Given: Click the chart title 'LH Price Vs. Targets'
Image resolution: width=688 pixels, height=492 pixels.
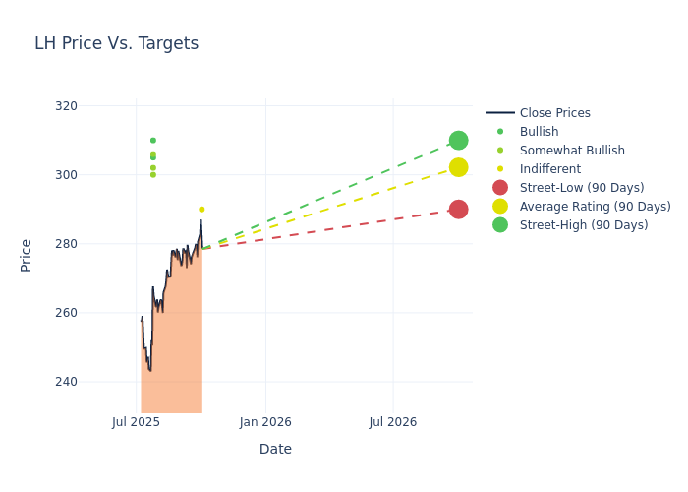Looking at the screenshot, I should coord(116,43).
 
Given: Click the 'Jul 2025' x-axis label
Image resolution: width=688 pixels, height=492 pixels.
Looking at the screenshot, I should coord(136,422).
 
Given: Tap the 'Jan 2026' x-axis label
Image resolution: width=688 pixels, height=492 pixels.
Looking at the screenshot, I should coord(264,422).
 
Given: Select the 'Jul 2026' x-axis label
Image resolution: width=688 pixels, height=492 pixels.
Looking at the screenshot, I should coord(392,422).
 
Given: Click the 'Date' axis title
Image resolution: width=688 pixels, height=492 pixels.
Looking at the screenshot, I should coord(275,449).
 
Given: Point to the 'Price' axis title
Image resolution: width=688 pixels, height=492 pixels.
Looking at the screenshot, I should coord(27,255).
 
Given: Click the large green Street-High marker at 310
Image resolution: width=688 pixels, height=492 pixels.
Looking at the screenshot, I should coord(458,141).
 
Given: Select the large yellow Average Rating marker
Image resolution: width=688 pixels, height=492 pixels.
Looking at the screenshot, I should coord(458,167).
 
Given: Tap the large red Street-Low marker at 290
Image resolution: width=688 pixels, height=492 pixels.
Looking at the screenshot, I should coord(458,209).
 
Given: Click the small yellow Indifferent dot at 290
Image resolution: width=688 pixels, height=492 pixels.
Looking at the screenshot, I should coord(201,210).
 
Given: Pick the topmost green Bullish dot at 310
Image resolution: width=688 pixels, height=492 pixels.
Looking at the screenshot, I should coord(152,141).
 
